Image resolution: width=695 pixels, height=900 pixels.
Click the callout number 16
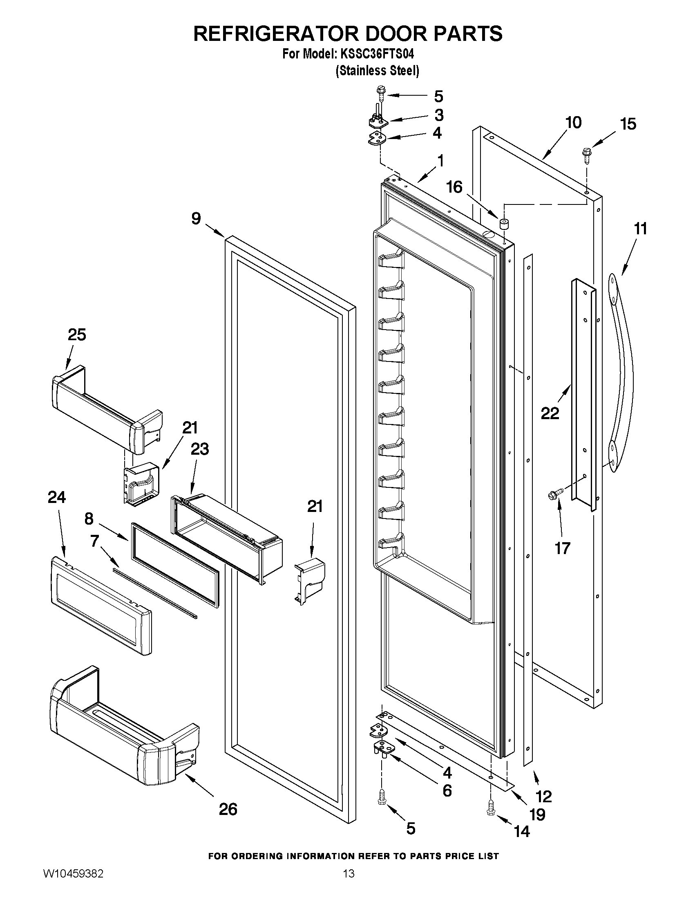(x=455, y=187)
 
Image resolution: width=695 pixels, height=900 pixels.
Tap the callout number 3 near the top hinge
(x=439, y=115)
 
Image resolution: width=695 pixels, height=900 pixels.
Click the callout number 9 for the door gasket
(x=197, y=218)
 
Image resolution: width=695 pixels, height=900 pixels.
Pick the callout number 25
(x=76, y=334)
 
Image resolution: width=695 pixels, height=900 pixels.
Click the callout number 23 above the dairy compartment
(x=199, y=449)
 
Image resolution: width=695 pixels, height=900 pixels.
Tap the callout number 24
(x=56, y=497)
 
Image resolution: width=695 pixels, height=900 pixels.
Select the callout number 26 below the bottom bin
(x=228, y=809)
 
